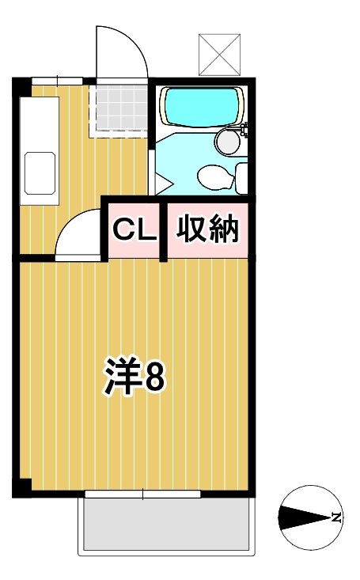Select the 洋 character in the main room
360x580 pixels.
122,377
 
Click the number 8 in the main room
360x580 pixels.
153,378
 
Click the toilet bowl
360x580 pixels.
214,176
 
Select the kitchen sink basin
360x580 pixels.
39,171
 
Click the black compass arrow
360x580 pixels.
305,518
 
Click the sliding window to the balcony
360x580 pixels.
143,495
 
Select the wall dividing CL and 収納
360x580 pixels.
163,230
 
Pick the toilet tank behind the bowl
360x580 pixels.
242,175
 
